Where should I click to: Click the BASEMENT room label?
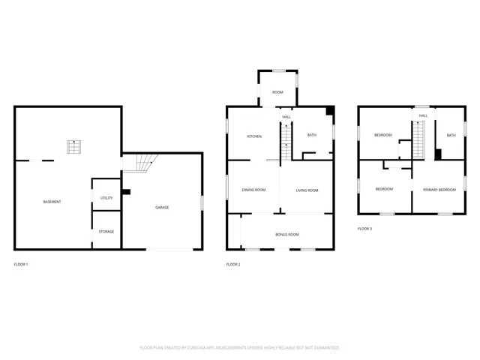click(52, 202)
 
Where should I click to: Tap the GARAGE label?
click(162, 207)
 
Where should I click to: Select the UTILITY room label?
click(106, 197)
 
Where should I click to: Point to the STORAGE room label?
click(106, 232)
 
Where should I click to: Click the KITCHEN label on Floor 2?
click(253, 136)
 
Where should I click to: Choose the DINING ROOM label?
click(253, 190)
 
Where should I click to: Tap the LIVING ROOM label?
click(307, 190)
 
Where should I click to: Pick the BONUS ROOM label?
click(286, 235)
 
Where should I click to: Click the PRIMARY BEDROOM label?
click(439, 189)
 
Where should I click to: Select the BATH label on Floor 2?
click(312, 136)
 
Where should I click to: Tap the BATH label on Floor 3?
click(451, 136)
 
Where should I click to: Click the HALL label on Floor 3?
click(423, 115)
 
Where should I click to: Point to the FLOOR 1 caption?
click(21, 264)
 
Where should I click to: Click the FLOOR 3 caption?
click(364, 228)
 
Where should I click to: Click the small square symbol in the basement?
click(74, 147)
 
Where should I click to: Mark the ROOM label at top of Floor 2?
click(277, 92)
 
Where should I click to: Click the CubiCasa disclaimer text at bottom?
click(240, 347)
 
